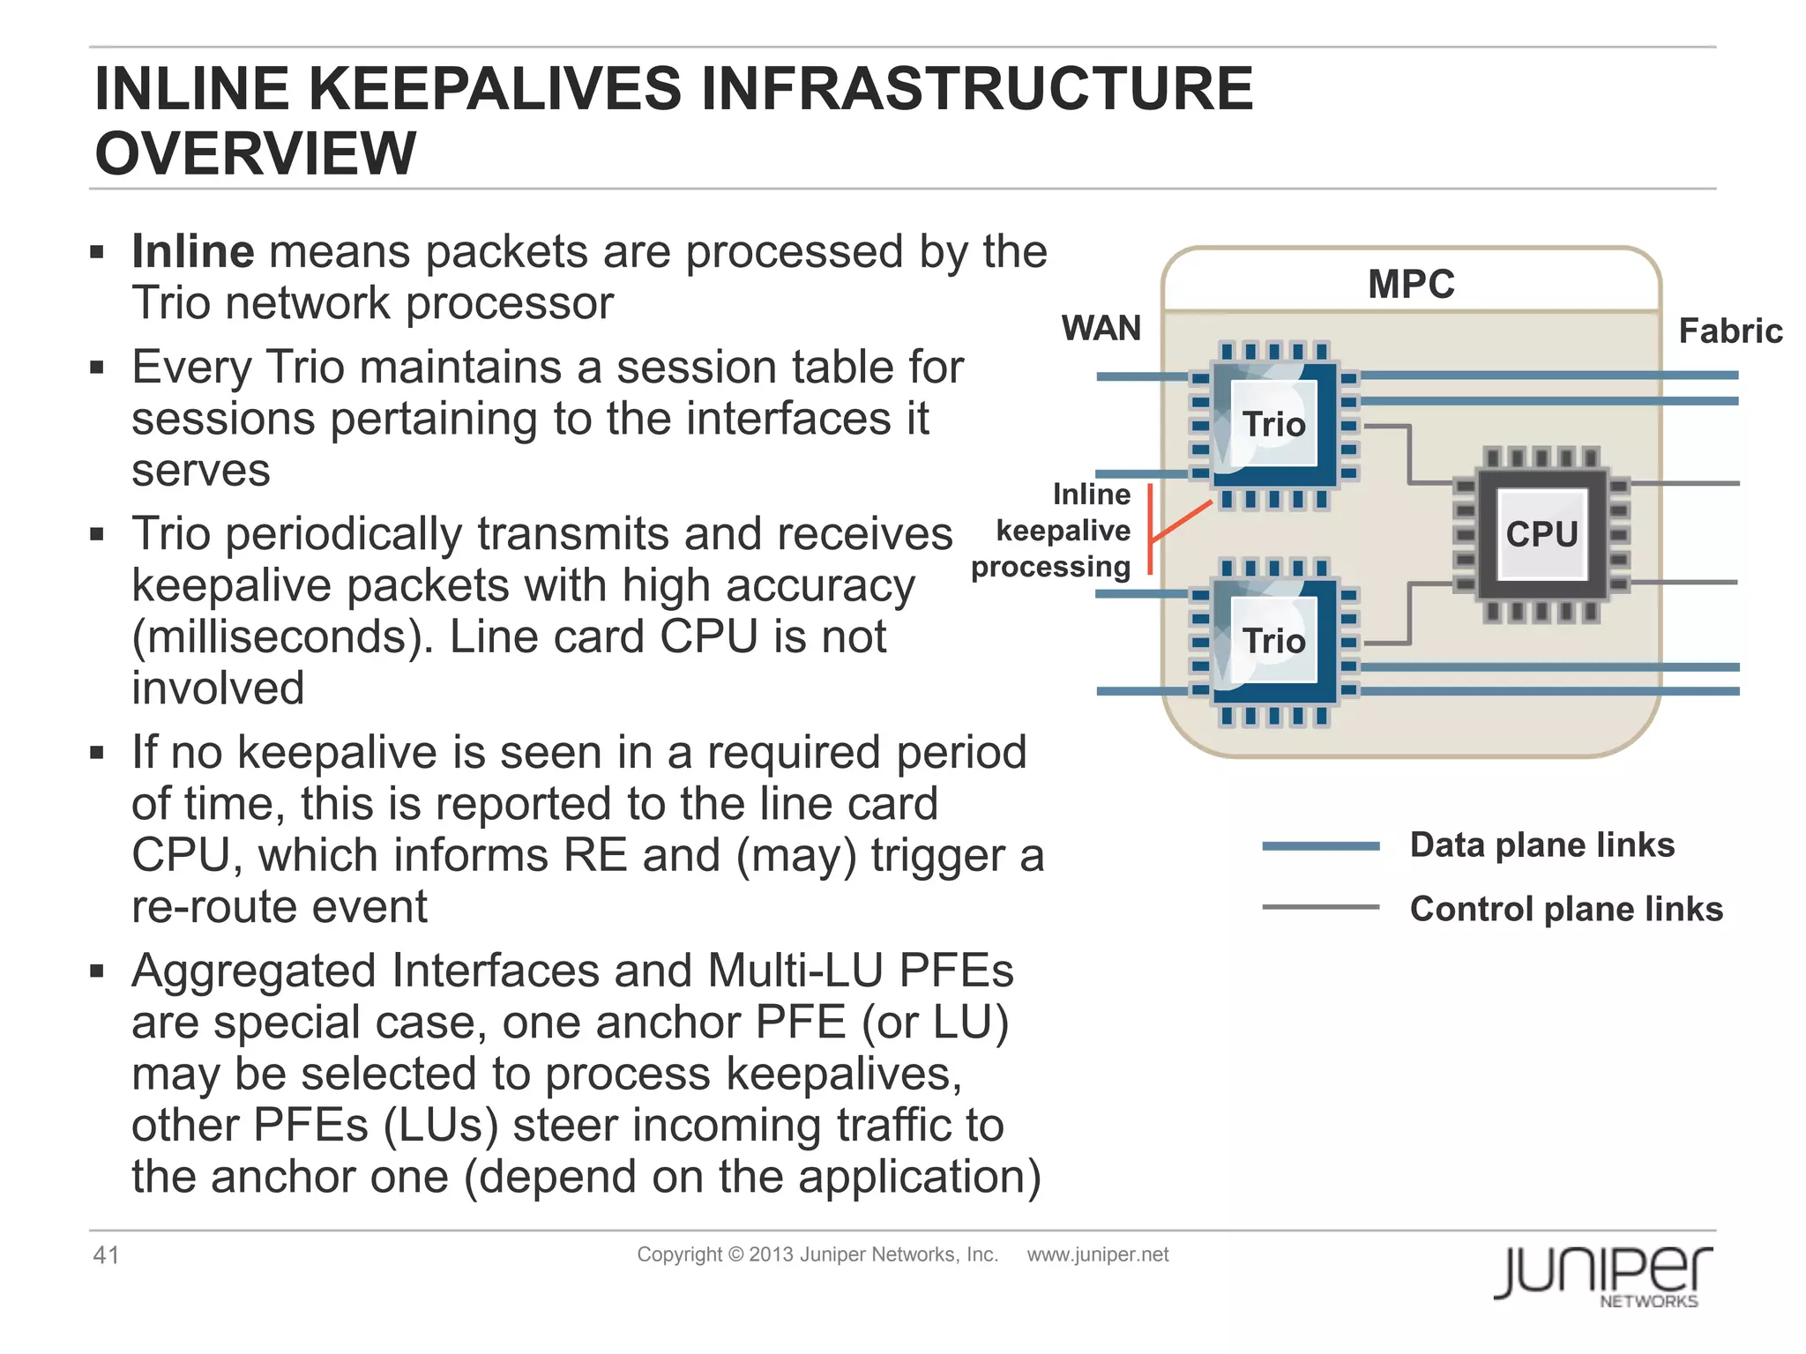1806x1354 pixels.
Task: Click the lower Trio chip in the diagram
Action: coord(1273,641)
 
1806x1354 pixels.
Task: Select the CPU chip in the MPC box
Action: coord(1541,534)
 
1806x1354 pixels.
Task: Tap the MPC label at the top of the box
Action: coord(1411,285)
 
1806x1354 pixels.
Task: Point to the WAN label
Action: coord(1101,329)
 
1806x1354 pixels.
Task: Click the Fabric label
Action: coord(1729,331)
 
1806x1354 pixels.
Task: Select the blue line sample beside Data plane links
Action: coord(1320,846)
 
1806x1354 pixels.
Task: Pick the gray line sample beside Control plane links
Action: coord(1320,907)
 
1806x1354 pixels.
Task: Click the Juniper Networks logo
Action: coord(1602,1275)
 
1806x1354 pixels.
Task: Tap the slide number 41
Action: coord(107,1255)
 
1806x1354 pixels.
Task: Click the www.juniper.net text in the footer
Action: coord(1097,1254)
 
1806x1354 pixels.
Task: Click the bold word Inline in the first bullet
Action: coord(193,252)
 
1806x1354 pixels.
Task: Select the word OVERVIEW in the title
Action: coord(255,153)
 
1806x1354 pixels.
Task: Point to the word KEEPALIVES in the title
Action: coord(495,89)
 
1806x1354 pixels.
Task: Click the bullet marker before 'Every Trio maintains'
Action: coord(97,367)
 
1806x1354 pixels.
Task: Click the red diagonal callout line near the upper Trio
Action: coord(1182,521)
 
